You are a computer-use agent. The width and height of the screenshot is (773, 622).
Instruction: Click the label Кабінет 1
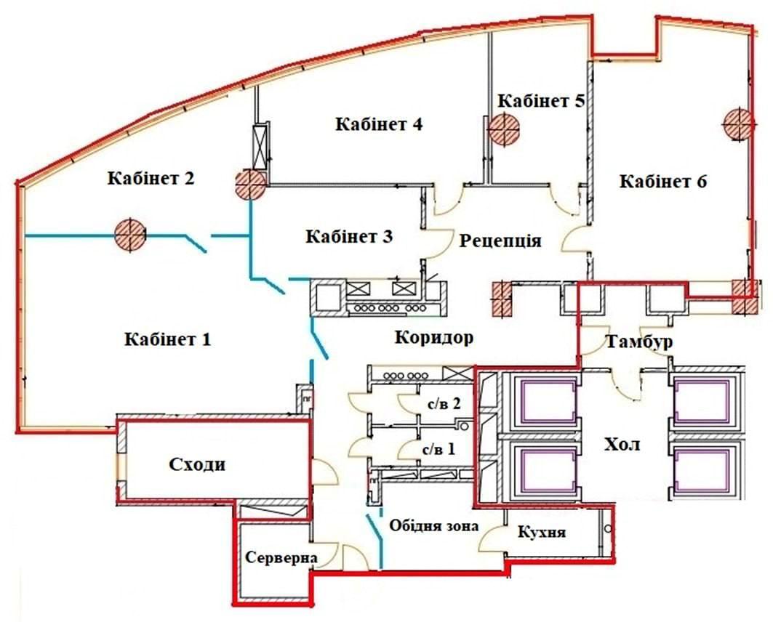pyautogui.click(x=167, y=339)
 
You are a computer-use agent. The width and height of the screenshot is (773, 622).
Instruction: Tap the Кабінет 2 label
pyautogui.click(x=151, y=178)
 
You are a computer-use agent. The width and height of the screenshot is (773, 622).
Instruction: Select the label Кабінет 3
pyautogui.click(x=349, y=236)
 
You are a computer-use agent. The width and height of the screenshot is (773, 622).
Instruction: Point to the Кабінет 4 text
pyautogui.click(x=379, y=124)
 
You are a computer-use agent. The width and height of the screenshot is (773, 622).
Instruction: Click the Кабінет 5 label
pyautogui.click(x=541, y=101)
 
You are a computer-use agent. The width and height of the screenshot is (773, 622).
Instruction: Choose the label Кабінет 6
pyautogui.click(x=663, y=181)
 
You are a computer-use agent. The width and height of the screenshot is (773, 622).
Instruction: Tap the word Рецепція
pyautogui.click(x=500, y=241)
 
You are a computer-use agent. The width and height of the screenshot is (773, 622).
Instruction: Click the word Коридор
pyautogui.click(x=434, y=338)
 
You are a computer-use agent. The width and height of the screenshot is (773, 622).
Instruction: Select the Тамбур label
pyautogui.click(x=639, y=342)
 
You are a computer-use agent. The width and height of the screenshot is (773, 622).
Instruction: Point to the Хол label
pyautogui.click(x=622, y=445)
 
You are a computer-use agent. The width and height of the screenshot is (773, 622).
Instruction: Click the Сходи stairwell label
pyautogui.click(x=197, y=464)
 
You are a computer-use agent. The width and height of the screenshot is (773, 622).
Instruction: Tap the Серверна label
pyautogui.click(x=281, y=558)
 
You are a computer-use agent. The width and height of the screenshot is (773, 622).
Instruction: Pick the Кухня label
pyautogui.click(x=541, y=532)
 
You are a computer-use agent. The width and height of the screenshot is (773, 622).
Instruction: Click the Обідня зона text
pyautogui.click(x=434, y=525)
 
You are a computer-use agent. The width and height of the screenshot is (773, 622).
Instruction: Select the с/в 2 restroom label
pyautogui.click(x=443, y=404)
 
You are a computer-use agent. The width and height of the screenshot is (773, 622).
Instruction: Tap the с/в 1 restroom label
pyautogui.click(x=438, y=449)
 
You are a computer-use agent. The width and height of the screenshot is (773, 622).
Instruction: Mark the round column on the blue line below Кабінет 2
pyautogui.click(x=130, y=235)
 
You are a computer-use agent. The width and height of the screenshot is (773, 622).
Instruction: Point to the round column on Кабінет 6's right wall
pyautogui.click(x=739, y=123)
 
